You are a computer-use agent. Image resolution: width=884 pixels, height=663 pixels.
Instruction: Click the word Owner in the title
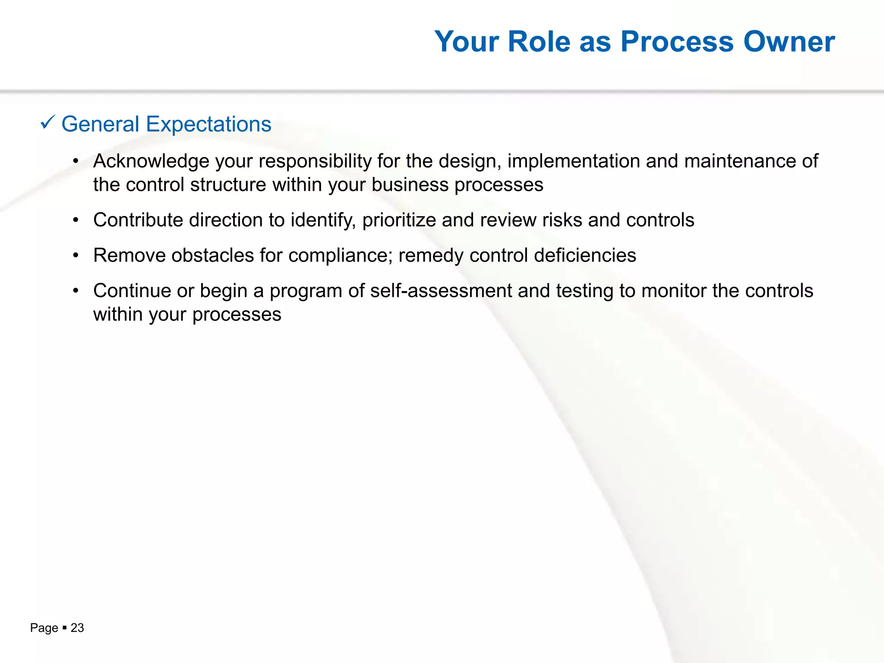point(789,42)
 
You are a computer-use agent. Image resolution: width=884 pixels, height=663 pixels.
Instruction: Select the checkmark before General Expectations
point(47,123)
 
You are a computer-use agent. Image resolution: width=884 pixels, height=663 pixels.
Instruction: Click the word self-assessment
point(441,291)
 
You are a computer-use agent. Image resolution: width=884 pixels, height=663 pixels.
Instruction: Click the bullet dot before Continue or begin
point(76,291)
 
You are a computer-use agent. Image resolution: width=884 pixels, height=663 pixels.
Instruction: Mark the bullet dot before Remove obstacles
point(76,256)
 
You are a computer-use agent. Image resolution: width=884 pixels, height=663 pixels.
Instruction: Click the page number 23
point(77,628)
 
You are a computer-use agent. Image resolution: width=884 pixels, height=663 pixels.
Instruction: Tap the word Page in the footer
point(44,628)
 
